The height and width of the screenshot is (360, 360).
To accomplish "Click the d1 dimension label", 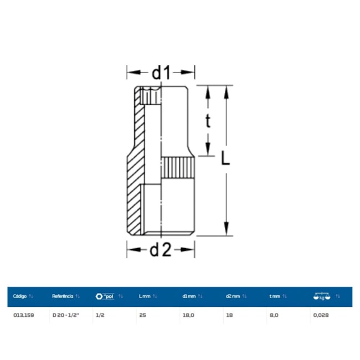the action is pyautogui.click(x=161, y=73).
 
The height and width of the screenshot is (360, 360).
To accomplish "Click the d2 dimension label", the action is pyautogui.click(x=161, y=250).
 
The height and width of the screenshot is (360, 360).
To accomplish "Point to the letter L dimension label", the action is pyautogui.click(x=225, y=158).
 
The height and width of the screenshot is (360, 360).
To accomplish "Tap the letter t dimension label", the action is pyautogui.click(x=208, y=121).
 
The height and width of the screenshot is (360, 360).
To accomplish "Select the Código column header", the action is pyautogui.click(x=20, y=296).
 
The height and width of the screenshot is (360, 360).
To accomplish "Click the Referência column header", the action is pyautogui.click(x=63, y=296).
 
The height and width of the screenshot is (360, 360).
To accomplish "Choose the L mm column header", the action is pyautogui.click(x=145, y=296).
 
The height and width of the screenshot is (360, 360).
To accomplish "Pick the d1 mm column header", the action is pyautogui.click(x=189, y=296).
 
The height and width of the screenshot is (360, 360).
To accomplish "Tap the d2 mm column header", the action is pyautogui.click(x=233, y=296).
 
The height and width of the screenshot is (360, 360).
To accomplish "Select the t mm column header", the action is pyautogui.click(x=275, y=296).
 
